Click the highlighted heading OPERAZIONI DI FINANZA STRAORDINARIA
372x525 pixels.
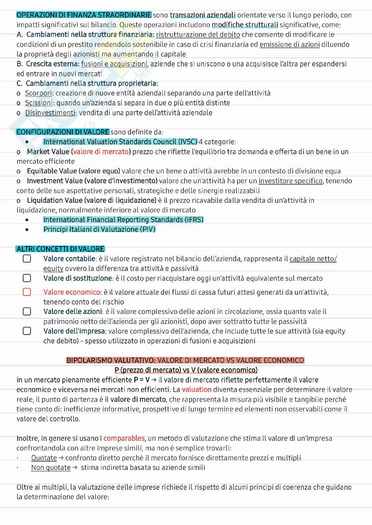click(84, 15)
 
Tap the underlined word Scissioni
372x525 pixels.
click(39, 103)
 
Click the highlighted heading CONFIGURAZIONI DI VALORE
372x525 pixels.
click(63, 132)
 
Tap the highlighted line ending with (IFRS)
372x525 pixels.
click(123, 220)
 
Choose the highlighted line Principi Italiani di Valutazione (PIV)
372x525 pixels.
click(99, 229)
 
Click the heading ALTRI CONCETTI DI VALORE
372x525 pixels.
click(61, 249)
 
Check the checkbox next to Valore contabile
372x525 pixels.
click(27, 259)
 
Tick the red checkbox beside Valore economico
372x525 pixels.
click(27, 292)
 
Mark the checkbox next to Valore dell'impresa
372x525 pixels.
click(27, 331)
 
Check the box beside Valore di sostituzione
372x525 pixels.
click(27, 278)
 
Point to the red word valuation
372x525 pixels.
click(197, 390)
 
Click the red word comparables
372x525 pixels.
click(124, 438)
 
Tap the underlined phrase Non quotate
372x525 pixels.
click(51, 468)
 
